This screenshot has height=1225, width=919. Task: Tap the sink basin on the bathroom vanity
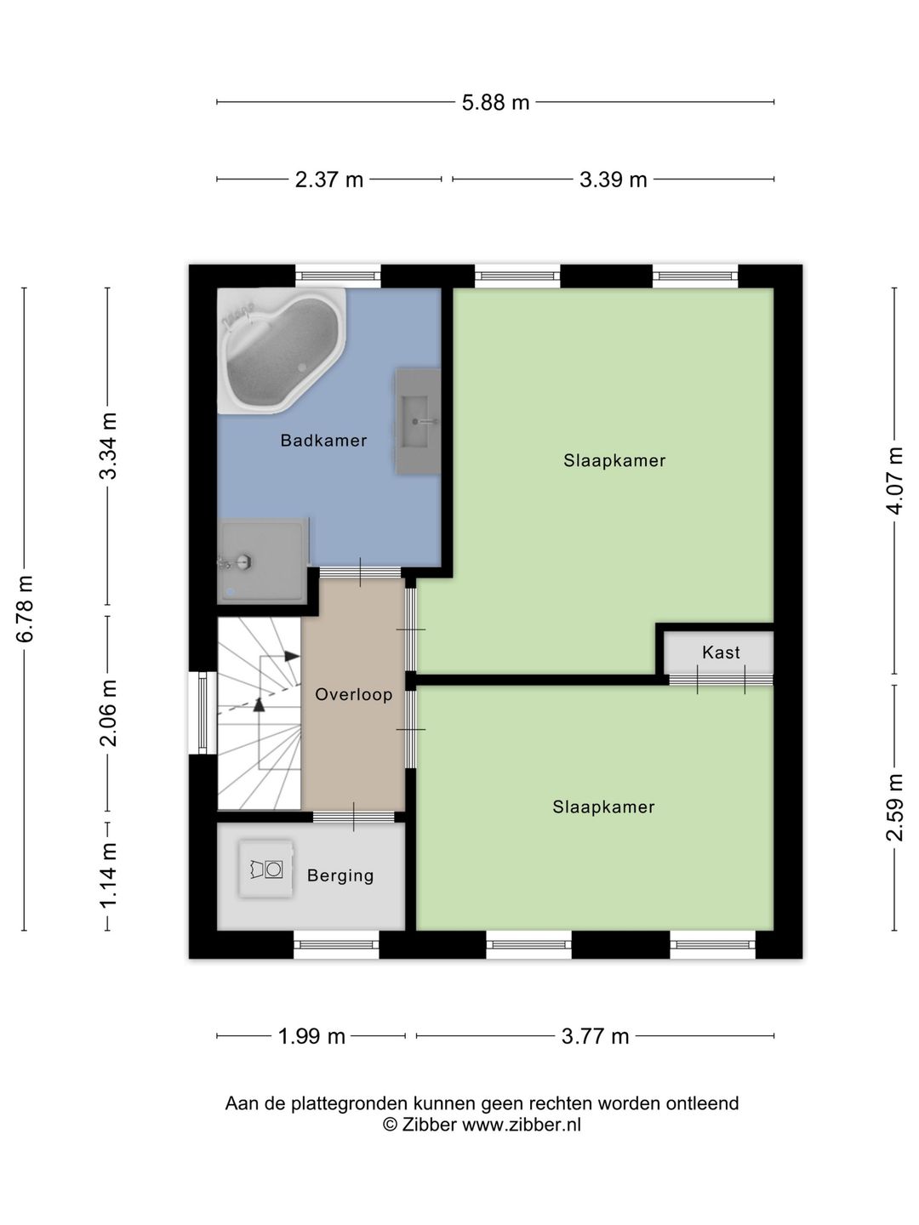[415, 422]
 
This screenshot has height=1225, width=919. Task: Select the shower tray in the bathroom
[262, 561]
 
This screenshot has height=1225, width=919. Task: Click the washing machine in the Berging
[266, 869]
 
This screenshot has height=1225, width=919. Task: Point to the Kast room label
[721, 652]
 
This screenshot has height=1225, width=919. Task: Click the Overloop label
[354, 694]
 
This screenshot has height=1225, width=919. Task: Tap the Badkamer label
[323, 441]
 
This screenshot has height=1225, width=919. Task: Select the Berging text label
[340, 875]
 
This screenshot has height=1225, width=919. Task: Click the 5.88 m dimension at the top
[495, 103]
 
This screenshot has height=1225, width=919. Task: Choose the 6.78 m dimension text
[25, 609]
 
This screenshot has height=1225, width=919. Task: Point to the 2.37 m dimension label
[329, 179]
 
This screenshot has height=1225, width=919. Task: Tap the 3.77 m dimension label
[595, 1036]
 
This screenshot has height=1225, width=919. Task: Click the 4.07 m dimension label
[895, 481]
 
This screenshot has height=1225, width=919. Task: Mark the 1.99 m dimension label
[311, 1036]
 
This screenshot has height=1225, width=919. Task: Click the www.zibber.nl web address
[522, 1125]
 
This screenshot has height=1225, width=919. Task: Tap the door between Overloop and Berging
[354, 817]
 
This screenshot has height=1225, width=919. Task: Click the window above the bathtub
[338, 276]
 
